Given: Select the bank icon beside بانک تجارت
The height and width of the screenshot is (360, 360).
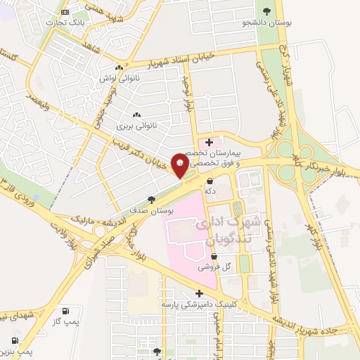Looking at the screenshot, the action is (x=65, y=12).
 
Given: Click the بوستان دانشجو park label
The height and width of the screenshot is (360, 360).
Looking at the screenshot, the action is (x=266, y=22).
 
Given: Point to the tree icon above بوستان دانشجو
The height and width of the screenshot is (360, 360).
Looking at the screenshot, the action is (x=266, y=11).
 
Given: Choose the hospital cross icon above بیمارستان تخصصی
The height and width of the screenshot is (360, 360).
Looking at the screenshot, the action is (x=209, y=143).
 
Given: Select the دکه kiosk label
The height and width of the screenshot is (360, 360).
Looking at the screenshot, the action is (x=210, y=191).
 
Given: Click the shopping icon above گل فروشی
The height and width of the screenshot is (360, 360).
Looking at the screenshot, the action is (x=213, y=257).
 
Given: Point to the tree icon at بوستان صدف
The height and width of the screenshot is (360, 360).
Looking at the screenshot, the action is (x=152, y=200).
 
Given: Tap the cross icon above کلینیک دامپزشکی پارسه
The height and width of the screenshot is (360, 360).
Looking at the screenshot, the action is (x=199, y=293).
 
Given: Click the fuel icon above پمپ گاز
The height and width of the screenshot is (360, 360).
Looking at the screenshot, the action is (x=65, y=311).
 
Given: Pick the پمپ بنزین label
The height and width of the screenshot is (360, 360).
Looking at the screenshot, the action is (x=15, y=349).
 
